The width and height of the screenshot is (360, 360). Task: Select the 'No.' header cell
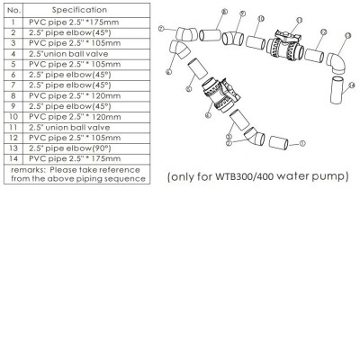coord(13,8)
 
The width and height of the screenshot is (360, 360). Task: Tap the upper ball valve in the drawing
coord(284,45)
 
